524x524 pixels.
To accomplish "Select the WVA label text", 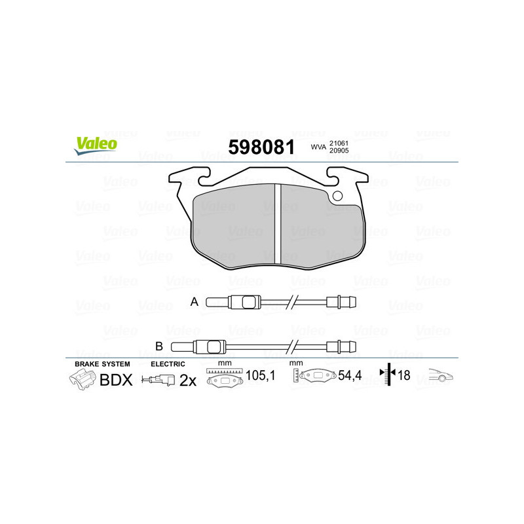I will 318,148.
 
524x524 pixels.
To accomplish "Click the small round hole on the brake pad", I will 338,196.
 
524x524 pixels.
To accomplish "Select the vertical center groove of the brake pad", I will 276,223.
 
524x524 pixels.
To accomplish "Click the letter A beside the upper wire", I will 194,302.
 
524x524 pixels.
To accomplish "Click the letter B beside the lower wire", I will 159,346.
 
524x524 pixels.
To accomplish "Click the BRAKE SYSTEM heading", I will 102,363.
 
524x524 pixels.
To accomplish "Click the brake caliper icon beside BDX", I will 83,379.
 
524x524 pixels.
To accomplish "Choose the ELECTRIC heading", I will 168,363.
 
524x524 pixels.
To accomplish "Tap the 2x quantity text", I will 188,381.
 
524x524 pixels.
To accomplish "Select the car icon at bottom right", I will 440,377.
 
